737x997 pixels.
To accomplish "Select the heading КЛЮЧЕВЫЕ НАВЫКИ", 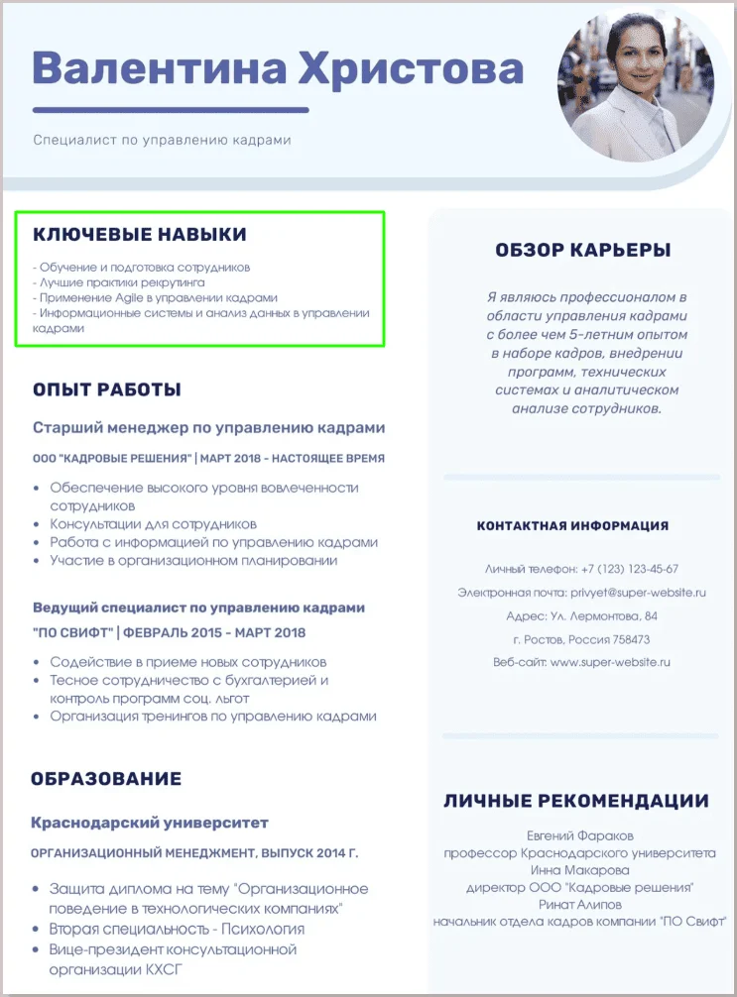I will pyautogui.click(x=140, y=235).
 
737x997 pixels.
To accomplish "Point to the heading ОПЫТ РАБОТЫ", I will pyautogui.click(x=107, y=389).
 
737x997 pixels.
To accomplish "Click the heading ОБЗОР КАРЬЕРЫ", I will pyautogui.click(x=582, y=251).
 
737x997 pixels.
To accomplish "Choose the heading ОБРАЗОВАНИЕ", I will pyautogui.click(x=106, y=779).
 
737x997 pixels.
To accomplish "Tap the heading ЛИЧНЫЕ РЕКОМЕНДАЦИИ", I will pyautogui.click(x=575, y=801).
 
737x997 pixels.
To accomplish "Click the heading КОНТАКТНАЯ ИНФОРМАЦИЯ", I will pyautogui.click(x=572, y=525).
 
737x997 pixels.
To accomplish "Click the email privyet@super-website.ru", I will pyautogui.click(x=638, y=593).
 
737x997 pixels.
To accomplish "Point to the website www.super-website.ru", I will pyautogui.click(x=611, y=662).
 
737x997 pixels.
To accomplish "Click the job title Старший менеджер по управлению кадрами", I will pyautogui.click(x=208, y=428).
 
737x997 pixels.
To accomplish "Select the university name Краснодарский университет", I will pyautogui.click(x=150, y=823).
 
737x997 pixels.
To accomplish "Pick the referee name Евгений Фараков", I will pyautogui.click(x=580, y=835).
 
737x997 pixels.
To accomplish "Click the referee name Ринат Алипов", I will pyautogui.click(x=580, y=905).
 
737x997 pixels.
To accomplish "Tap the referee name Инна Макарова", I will pyautogui.click(x=580, y=870).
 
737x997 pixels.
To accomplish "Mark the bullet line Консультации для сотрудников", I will pyautogui.click(x=154, y=524).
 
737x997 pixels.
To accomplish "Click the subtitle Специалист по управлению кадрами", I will pyautogui.click(x=162, y=141).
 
